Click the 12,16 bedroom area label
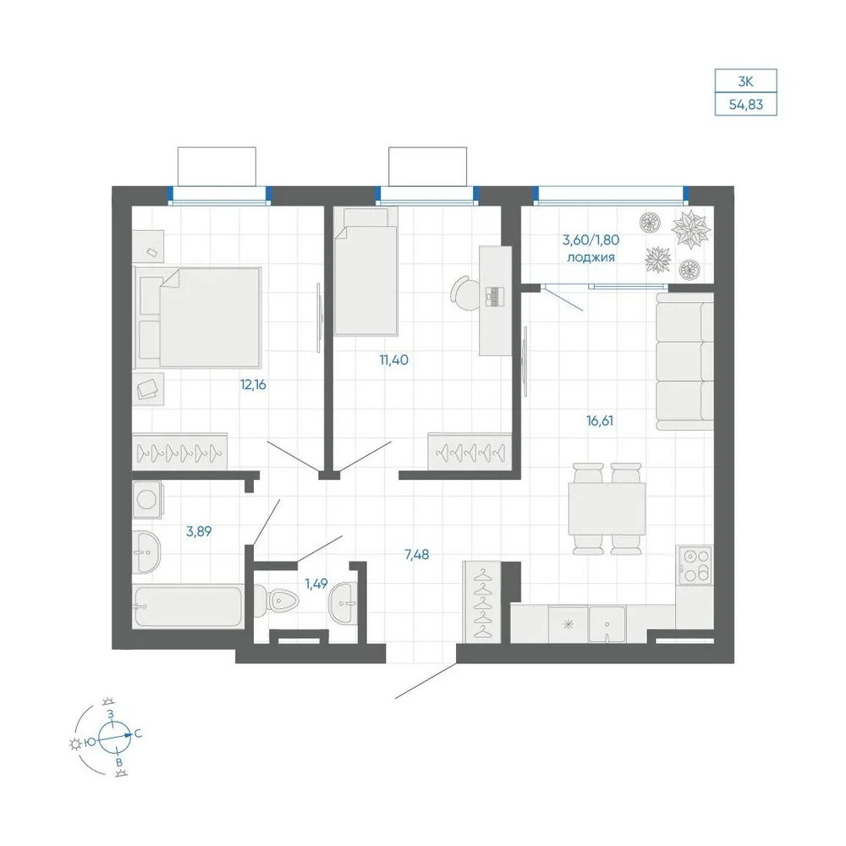pyautogui.click(x=253, y=385)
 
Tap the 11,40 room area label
pyautogui.click(x=394, y=360)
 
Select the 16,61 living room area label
pyautogui.click(x=600, y=420)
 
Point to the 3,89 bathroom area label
pyautogui.click(x=199, y=531)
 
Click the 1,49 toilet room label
pyautogui.click(x=316, y=583)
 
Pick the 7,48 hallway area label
pyautogui.click(x=417, y=554)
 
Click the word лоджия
pyautogui.click(x=591, y=257)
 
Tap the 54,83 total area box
pyautogui.click(x=745, y=104)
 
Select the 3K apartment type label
pyautogui.click(x=745, y=81)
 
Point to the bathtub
pyautogui.click(x=188, y=607)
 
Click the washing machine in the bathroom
pyautogui.click(x=146, y=500)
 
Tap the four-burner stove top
pyautogui.click(x=695, y=565)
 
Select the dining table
pyautogui.click(x=607, y=508)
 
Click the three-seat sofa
pyautogui.click(x=684, y=361)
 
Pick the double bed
pyautogui.click(x=197, y=317)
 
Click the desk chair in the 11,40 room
pyautogui.click(x=463, y=293)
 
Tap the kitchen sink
pyautogui.click(x=607, y=625)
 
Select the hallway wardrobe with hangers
pyautogui.click(x=483, y=602)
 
